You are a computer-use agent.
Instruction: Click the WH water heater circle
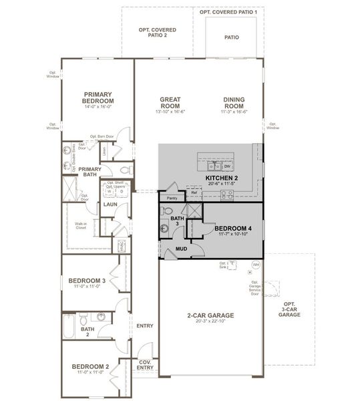coord(255,265)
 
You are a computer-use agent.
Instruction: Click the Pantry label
coord(172,198)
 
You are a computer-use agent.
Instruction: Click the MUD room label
coord(180,249)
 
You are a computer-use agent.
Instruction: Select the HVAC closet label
coord(121,246)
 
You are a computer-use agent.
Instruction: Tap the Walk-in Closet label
coord(81,226)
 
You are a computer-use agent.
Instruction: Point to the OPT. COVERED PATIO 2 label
coord(152,32)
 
